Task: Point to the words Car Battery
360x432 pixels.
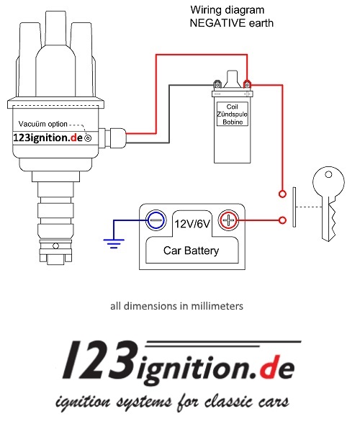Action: [192, 251]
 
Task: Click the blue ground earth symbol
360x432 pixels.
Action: [113, 243]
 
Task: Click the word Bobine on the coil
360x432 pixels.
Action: [232, 122]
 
